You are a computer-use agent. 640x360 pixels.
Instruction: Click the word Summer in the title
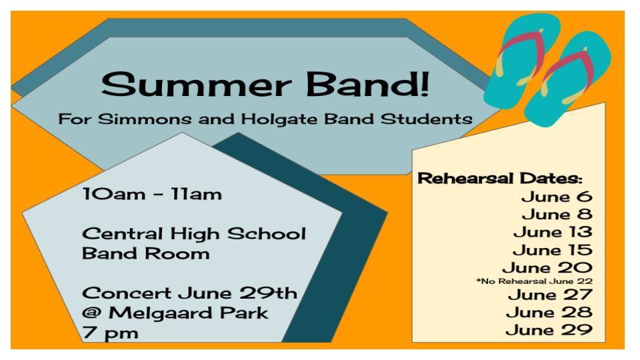(x=196, y=85)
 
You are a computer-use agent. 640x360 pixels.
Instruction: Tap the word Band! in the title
(x=368, y=84)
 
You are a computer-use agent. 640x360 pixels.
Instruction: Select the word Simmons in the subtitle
(x=145, y=119)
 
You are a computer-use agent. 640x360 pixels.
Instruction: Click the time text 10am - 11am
(x=152, y=194)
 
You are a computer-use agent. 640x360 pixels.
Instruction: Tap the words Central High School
(x=194, y=234)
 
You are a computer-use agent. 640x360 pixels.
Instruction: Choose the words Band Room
(x=146, y=253)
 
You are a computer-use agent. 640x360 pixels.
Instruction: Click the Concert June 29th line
(x=190, y=293)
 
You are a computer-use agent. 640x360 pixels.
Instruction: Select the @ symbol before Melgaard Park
(x=91, y=313)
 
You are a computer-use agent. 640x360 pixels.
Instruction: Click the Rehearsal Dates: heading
(x=499, y=179)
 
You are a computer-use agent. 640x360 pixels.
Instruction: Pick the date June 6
(x=557, y=197)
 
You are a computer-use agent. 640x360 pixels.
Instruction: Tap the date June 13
(x=553, y=232)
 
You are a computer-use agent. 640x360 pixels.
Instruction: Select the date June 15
(x=552, y=250)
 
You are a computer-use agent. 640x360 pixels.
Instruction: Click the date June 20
(x=547, y=268)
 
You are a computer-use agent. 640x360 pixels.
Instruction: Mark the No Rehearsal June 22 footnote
(x=534, y=281)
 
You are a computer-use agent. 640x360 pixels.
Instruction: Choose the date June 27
(x=550, y=295)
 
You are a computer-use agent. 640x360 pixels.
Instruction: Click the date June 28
(x=549, y=313)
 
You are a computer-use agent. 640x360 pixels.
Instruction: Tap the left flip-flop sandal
(x=521, y=61)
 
